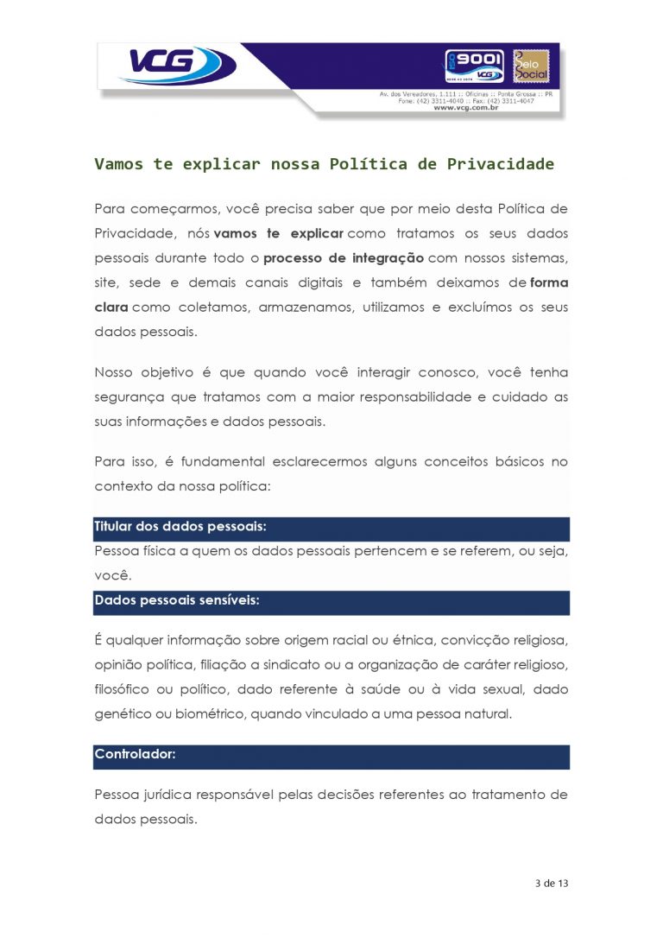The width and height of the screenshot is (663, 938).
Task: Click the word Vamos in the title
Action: (x=118, y=163)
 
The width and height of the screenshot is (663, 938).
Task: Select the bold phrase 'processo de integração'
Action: (x=344, y=258)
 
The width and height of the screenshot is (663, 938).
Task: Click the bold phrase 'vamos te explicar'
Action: (x=278, y=233)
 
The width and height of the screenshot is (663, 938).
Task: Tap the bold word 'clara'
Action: (x=110, y=307)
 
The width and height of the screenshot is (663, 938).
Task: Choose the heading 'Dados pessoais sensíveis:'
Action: (x=176, y=600)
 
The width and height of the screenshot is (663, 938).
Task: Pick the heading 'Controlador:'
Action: (x=135, y=754)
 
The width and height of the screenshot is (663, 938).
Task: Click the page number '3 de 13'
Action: (x=552, y=884)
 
